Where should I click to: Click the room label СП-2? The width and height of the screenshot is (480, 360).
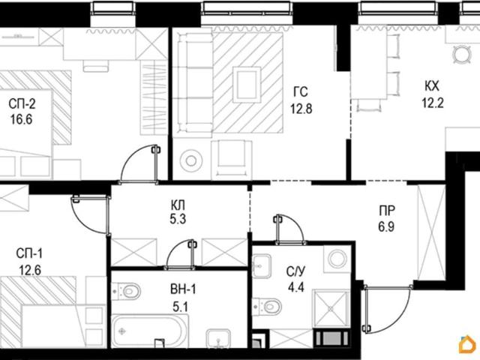click(22, 104)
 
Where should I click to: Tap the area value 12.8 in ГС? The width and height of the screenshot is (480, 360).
click(301, 108)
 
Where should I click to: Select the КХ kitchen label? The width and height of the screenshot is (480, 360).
click(432, 86)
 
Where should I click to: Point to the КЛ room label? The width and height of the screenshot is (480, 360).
click(178, 205)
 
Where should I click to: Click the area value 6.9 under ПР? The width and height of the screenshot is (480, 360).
click(386, 227)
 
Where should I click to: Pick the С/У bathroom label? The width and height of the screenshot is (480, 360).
click(295, 271)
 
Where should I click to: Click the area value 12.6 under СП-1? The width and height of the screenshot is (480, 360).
click(30, 270)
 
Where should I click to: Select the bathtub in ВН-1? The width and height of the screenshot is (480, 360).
click(149, 331)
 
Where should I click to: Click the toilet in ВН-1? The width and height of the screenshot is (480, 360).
click(126, 291)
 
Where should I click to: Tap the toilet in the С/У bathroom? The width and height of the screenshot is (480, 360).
click(267, 307)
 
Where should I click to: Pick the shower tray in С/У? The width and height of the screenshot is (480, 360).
click(331, 308)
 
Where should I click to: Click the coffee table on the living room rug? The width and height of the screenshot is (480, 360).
click(247, 85)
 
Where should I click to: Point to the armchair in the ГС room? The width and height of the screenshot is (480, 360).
click(232, 159)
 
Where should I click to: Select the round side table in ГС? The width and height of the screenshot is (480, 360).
click(191, 160)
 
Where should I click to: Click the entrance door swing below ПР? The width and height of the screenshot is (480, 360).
click(386, 309)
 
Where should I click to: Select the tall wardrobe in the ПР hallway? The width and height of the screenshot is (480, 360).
click(432, 232)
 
